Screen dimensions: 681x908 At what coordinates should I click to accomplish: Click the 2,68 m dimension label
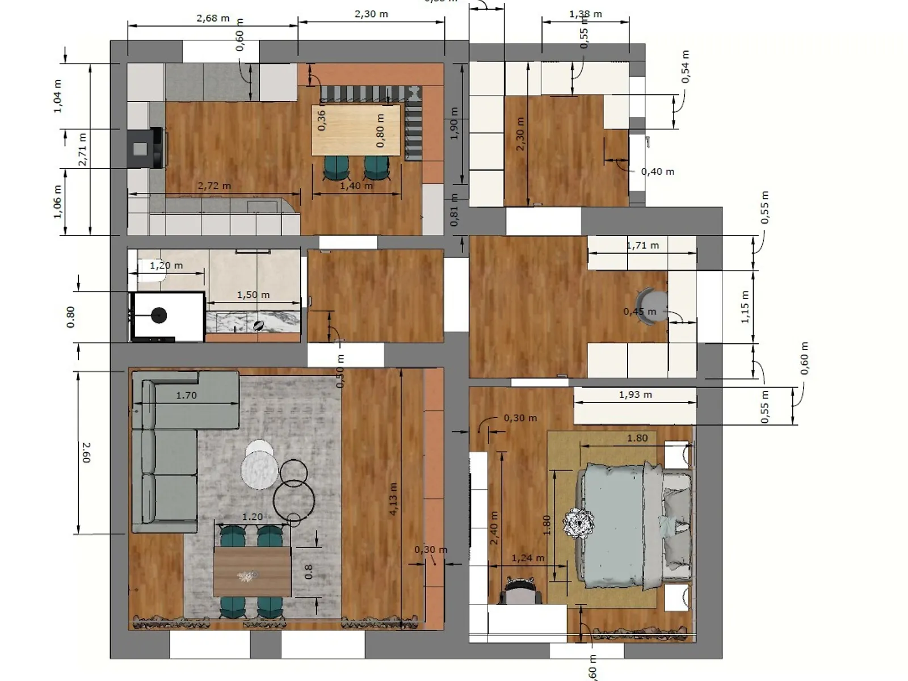pyautogui.click(x=213, y=18)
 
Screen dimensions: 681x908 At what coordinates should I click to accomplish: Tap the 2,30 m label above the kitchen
pyautogui.click(x=371, y=14)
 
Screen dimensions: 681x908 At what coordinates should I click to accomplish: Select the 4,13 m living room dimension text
pyautogui.click(x=393, y=499)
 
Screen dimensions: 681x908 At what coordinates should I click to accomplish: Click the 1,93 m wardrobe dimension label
pyautogui.click(x=635, y=394)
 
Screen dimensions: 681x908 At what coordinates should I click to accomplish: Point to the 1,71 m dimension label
pyautogui.click(x=642, y=246)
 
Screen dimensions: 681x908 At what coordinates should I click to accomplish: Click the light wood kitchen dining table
pyautogui.click(x=356, y=130)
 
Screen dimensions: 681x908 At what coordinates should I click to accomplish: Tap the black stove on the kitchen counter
pyautogui.click(x=145, y=148)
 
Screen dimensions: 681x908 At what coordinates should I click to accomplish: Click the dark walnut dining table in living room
pyautogui.click(x=252, y=571)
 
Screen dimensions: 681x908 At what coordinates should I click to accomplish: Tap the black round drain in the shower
pyautogui.click(x=158, y=316)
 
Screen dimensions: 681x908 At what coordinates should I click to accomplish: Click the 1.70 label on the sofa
pyautogui.click(x=186, y=396)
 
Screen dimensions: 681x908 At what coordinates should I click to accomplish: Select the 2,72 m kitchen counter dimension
pyautogui.click(x=214, y=186)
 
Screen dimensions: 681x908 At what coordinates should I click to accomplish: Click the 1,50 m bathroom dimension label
pyautogui.click(x=253, y=295)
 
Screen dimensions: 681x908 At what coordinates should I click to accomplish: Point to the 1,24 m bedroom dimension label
pyautogui.click(x=527, y=558)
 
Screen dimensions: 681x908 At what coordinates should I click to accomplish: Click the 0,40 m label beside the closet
pyautogui.click(x=657, y=171)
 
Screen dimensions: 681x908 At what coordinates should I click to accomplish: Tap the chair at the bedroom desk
pyautogui.click(x=520, y=591)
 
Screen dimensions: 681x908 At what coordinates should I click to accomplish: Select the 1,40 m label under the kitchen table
pyautogui.click(x=356, y=186)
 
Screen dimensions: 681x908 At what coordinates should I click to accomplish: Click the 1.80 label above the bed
pyautogui.click(x=637, y=438)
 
